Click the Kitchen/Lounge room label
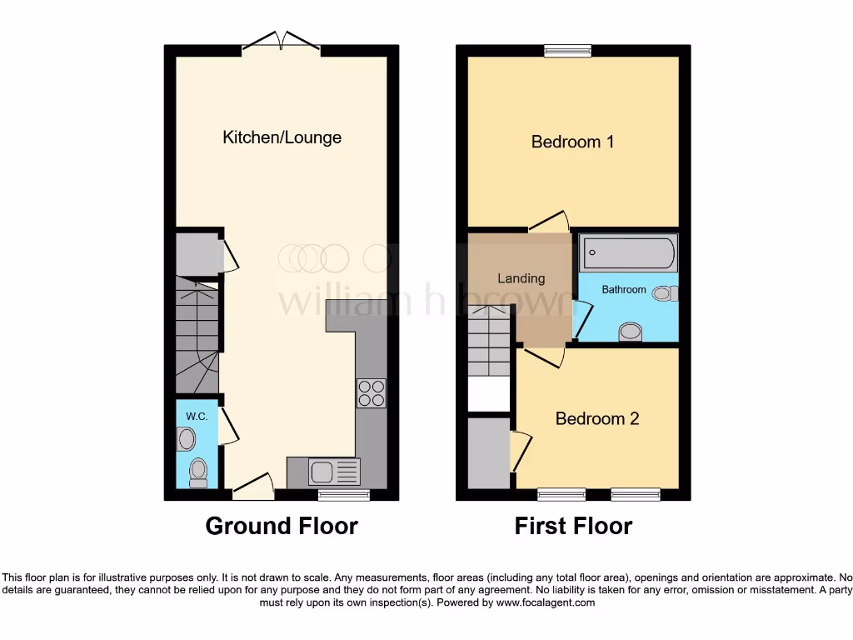[282, 137]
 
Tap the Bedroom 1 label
[572, 142]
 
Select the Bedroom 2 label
[596, 418]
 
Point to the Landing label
[521, 278]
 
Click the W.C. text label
[197, 416]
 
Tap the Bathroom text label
[624, 289]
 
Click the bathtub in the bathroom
[628, 252]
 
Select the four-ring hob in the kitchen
[371, 392]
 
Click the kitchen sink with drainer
[323, 472]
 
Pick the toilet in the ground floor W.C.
[198, 472]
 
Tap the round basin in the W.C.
[187, 438]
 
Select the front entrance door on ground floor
[253, 488]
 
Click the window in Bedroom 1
[568, 51]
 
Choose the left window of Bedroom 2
[561, 495]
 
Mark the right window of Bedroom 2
[635, 495]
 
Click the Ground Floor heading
[282, 526]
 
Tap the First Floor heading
[573, 526]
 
